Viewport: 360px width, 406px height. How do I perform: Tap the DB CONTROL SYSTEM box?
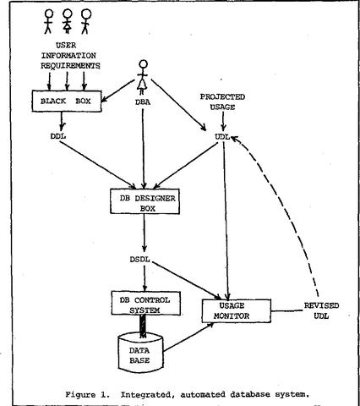(x=148, y=302)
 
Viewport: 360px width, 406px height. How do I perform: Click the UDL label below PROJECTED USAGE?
(x=222, y=136)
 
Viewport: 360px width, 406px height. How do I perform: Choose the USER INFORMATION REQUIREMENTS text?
(x=76, y=56)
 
